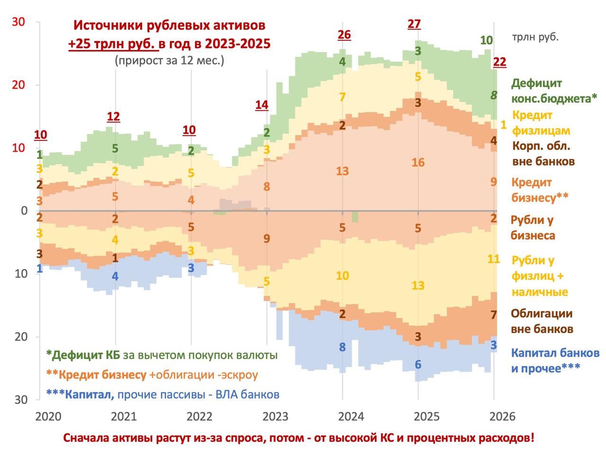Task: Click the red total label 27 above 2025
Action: coord(414,24)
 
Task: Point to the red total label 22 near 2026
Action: coord(499,61)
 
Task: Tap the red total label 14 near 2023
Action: coord(262,105)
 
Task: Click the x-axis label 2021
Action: coord(124,417)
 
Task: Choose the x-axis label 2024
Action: coord(351,417)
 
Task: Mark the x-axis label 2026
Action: coord(502,417)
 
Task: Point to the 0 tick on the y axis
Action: coord(25,210)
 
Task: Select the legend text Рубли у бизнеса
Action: coord(533,227)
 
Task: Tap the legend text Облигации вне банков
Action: coord(542,321)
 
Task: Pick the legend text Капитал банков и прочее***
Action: coord(555,360)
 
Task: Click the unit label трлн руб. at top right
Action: coord(535,37)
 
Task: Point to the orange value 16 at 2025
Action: coord(418,163)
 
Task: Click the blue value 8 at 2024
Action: coord(342,348)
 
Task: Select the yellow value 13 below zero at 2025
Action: coord(418,286)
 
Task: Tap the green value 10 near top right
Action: coord(486,40)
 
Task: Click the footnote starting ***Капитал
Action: coord(163,394)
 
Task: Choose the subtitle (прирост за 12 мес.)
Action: coord(169,61)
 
